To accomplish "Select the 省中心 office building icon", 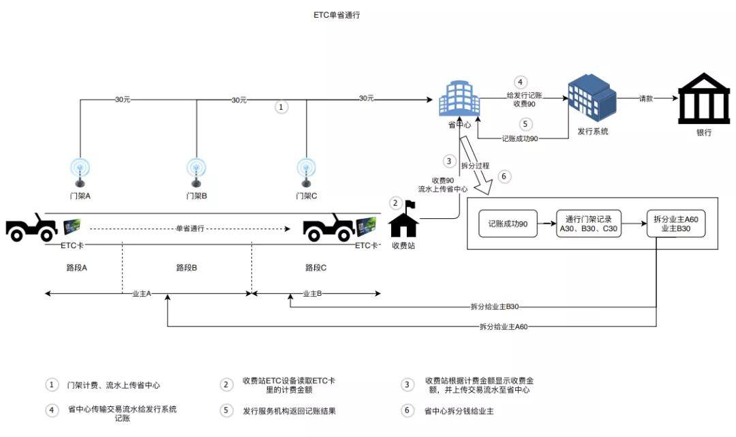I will coord(458,99).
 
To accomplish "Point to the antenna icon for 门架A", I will coord(80,172).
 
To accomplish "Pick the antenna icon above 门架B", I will coord(196,172).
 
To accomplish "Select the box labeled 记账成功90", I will coord(508,224).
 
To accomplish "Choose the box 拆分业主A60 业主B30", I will coord(675,224).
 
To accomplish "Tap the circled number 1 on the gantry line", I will coord(281,107).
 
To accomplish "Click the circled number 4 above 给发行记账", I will coord(520,82).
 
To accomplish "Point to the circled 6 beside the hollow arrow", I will coord(504,177).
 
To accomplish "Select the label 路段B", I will coord(186,268).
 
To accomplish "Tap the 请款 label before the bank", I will coord(646,98).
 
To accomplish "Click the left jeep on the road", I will coord(32,227).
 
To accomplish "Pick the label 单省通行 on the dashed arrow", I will coord(189,228).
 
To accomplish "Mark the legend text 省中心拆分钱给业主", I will coord(459,411).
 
